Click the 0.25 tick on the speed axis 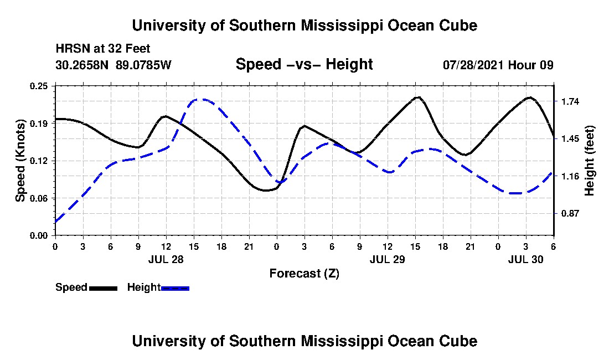[40, 86]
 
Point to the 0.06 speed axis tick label [40, 198]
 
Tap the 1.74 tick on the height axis [570, 101]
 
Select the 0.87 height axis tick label [570, 213]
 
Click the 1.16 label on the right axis [570, 176]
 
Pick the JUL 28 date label [166, 259]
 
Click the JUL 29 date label [388, 259]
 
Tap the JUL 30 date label [526, 259]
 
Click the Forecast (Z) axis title [304, 273]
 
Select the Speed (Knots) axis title [20, 161]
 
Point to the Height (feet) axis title [590, 161]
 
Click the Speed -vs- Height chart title [304, 64]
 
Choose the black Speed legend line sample [103, 288]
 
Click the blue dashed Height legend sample [175, 288]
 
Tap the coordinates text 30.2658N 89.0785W [113, 65]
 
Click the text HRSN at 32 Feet [103, 49]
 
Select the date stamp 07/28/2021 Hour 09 [498, 65]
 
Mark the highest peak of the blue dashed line [202, 100]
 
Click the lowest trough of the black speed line [266, 191]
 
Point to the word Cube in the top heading [459, 25]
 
